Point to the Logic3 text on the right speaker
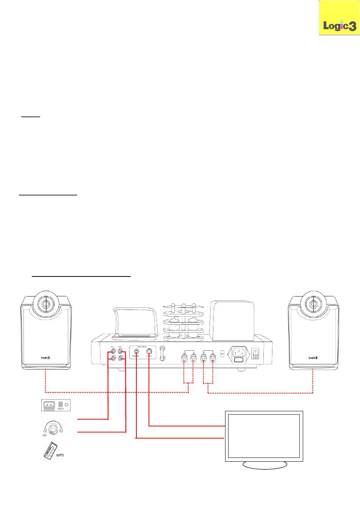[x=313, y=357]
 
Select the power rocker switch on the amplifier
[x=256, y=354]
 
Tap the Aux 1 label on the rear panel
[x=113, y=347]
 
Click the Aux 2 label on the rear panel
[x=120, y=347]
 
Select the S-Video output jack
[x=149, y=350]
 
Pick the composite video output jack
[x=136, y=350]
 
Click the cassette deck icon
[x=55, y=405]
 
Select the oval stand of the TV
[x=265, y=465]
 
